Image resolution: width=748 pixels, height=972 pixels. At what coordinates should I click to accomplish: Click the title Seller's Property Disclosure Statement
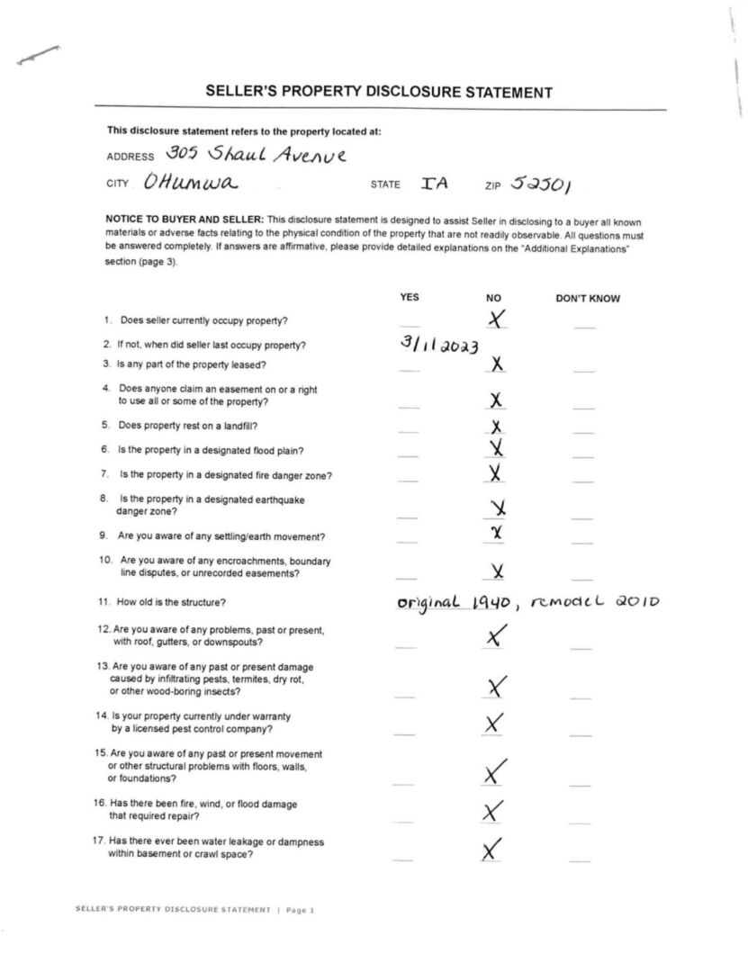[378, 92]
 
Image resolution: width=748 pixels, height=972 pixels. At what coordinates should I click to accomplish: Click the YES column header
[409, 298]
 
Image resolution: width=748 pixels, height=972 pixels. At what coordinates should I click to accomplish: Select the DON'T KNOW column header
[587, 299]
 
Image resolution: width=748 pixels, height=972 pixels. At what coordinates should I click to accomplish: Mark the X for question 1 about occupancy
[496, 318]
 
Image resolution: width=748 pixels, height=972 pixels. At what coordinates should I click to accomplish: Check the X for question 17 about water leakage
[491, 848]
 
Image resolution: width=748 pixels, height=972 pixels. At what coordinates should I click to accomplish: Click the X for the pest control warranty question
[494, 723]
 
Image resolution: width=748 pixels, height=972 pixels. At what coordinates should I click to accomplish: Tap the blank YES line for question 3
[409, 369]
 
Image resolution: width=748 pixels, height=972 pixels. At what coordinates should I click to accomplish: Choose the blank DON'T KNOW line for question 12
[582, 646]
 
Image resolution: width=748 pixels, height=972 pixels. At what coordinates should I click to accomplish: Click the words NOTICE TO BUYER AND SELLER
[185, 220]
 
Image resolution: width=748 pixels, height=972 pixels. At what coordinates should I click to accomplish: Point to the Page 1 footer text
[301, 910]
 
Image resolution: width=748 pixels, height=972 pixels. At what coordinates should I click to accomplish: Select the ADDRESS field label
[131, 156]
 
